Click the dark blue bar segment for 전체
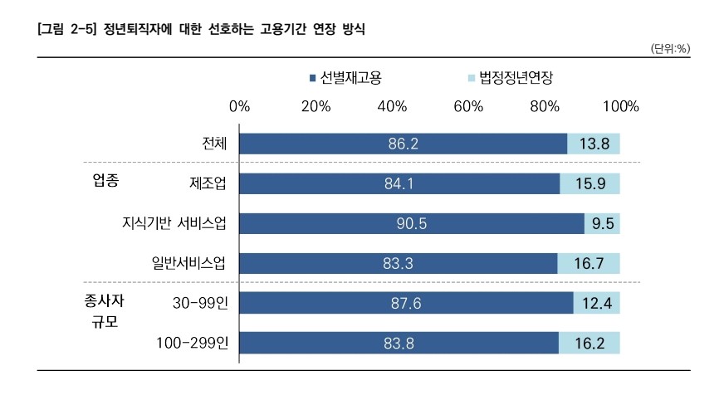click(404, 144)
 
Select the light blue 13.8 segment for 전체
click(594, 144)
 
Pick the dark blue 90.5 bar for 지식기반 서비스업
click(412, 223)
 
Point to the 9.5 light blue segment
click(602, 223)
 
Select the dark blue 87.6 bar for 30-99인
click(406, 304)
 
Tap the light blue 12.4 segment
click(596, 304)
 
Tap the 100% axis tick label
click(620, 107)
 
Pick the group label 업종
click(105, 181)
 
